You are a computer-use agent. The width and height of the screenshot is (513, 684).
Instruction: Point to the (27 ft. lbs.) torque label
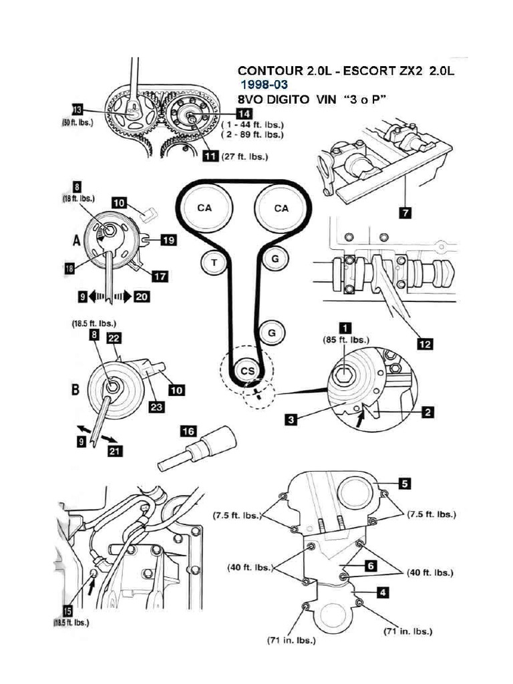[244, 157]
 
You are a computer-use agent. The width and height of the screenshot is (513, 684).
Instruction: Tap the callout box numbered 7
[405, 213]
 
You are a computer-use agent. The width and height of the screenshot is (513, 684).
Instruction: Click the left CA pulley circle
[204, 208]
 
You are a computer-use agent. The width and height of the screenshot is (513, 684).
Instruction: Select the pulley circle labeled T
[214, 263]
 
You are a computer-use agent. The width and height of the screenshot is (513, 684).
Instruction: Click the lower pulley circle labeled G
[272, 331]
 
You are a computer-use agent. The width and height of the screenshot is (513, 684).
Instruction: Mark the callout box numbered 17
[160, 275]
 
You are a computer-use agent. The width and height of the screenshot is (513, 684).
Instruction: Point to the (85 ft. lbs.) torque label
[345, 339]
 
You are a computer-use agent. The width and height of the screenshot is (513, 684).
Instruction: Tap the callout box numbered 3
[291, 419]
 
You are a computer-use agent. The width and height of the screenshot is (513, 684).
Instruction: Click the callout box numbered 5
[405, 482]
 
